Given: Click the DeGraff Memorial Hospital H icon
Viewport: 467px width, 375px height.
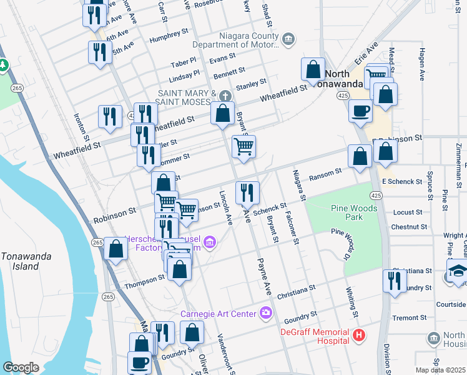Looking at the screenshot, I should click(359, 336).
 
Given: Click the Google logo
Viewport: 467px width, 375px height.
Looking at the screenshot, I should click(20, 367).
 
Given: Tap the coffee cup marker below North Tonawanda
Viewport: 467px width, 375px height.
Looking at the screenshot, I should click(360, 111).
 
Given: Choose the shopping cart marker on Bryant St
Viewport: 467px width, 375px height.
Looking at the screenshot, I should click(243, 146).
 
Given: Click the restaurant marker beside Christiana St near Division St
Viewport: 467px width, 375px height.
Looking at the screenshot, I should click(395, 281).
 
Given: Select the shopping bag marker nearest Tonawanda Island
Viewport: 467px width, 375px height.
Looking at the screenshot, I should click(116, 248).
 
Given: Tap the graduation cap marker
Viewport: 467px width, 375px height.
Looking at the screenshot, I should click(457, 272).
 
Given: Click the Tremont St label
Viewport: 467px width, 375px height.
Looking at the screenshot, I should click(409, 317).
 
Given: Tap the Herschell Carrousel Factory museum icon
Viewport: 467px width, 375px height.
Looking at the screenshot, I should click(210, 241).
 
